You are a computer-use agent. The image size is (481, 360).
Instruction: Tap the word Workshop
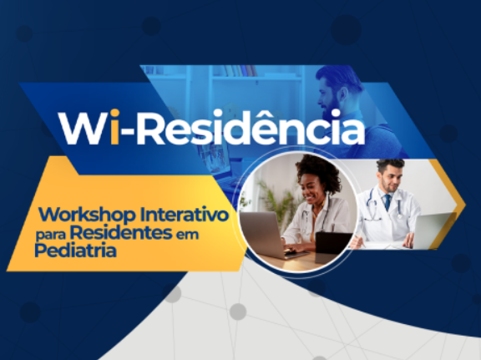87,214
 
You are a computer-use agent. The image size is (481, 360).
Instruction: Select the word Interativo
185,214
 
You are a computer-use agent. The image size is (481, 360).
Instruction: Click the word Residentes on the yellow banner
121,232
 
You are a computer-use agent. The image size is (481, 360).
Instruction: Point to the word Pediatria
75,251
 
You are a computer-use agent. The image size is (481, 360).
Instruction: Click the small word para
51,236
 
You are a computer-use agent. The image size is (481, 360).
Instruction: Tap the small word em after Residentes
187,235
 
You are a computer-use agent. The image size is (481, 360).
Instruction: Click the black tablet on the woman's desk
333,245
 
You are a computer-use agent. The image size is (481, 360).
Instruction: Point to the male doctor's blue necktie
387,202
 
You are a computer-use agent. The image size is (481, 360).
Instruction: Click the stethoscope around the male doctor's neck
384,204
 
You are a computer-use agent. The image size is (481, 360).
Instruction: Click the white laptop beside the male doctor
433,231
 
